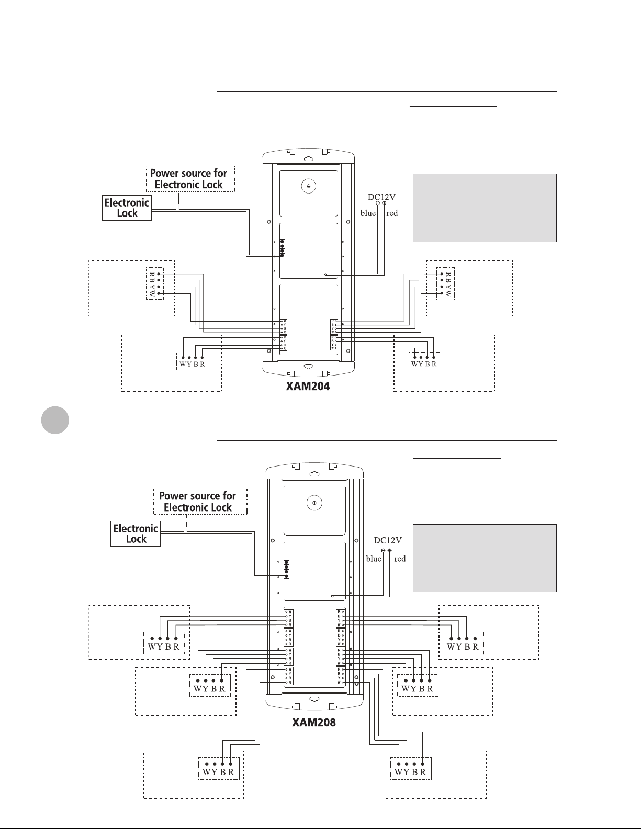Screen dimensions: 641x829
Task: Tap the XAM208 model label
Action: click(x=313, y=723)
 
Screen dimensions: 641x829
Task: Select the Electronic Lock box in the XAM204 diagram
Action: click(x=127, y=207)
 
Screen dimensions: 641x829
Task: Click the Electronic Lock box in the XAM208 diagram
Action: click(x=136, y=533)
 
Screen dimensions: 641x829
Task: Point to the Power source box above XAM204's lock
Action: click(x=189, y=178)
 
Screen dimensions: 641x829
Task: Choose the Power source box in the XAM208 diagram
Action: click(x=198, y=501)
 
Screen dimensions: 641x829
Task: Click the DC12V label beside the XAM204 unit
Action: click(x=381, y=197)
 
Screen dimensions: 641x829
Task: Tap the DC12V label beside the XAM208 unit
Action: click(x=388, y=541)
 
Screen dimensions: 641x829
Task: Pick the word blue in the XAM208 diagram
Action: click(x=374, y=559)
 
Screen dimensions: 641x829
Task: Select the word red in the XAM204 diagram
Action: click(x=392, y=213)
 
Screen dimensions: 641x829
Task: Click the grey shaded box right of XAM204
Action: click(x=485, y=208)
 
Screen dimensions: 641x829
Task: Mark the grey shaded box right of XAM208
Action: click(x=485, y=558)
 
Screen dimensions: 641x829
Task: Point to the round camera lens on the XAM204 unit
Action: click(x=309, y=186)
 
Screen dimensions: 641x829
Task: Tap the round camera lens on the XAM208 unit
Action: click(x=314, y=503)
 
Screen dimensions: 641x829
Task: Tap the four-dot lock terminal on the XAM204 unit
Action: click(x=282, y=248)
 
